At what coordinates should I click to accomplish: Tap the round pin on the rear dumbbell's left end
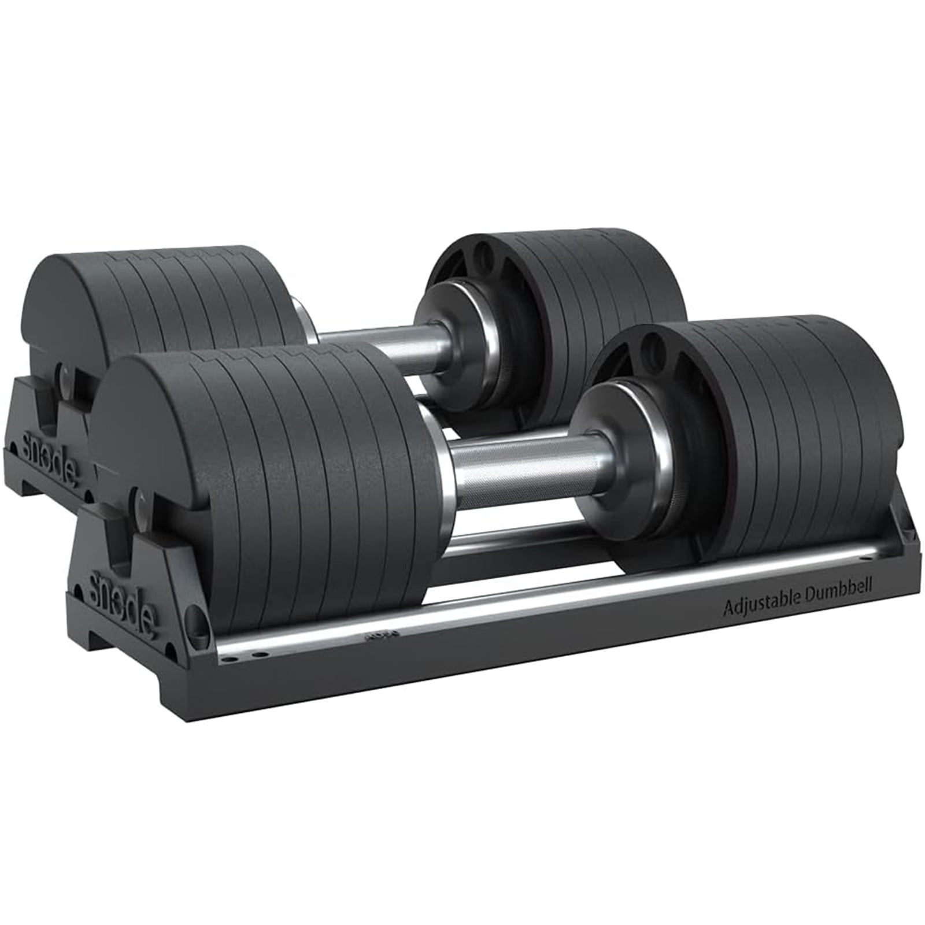[65, 376]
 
